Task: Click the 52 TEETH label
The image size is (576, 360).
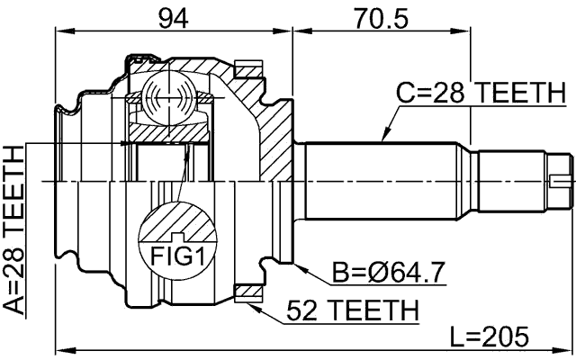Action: tap(352, 311)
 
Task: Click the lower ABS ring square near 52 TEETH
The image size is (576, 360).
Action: tap(246, 292)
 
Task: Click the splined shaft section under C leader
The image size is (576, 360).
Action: tap(387, 180)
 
